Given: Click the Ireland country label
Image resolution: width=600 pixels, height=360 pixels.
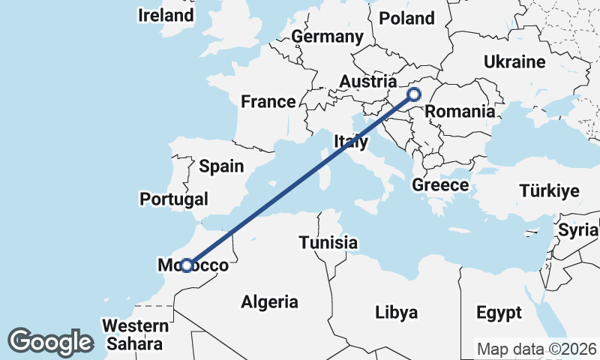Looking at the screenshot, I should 165,15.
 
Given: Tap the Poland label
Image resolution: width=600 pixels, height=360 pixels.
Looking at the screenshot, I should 407,18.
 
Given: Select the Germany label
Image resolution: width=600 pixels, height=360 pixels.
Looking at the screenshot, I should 327,37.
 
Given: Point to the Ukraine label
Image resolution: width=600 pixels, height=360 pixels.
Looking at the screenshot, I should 514,61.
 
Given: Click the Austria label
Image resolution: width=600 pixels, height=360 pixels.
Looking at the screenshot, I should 367,81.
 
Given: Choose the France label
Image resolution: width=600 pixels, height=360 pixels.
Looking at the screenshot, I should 268,102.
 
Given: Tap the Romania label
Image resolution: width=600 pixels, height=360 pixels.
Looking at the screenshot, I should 460,112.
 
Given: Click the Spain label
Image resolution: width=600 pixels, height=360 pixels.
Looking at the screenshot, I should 221,166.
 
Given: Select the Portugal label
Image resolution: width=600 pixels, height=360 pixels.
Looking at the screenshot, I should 174,199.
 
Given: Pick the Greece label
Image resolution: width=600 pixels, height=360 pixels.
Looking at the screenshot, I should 441,184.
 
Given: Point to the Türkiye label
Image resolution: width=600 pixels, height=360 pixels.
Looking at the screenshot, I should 549,191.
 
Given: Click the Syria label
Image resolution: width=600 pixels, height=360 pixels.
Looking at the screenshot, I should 577,230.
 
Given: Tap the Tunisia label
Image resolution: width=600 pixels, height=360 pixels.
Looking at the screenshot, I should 328,242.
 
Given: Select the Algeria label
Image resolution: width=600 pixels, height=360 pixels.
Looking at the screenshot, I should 269,302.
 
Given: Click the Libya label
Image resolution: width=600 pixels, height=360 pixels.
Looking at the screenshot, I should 396,313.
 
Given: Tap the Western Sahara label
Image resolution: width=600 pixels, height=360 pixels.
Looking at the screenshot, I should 136,334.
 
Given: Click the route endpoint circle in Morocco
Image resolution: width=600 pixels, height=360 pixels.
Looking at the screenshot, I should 187,265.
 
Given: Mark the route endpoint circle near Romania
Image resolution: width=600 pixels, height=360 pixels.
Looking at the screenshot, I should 414,94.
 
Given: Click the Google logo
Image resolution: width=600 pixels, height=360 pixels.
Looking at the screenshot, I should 50,342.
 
